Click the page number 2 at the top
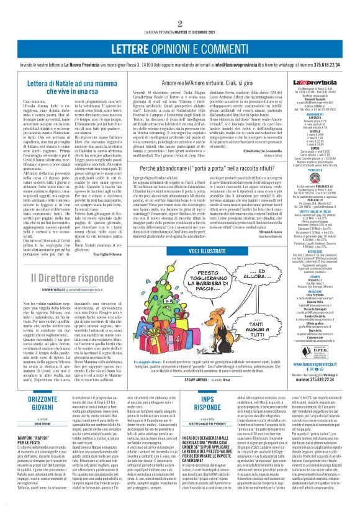(x=179, y=7)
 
